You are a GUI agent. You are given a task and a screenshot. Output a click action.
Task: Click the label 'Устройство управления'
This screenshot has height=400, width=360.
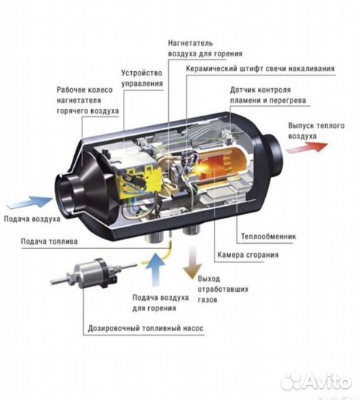coord(142,79)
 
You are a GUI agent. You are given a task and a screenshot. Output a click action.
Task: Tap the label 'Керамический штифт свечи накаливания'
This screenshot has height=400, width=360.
coord(260,69)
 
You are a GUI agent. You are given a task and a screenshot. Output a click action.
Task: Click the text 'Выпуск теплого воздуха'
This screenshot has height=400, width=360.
coord(316,131)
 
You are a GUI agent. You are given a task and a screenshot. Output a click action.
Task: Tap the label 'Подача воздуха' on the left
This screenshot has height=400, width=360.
coord(33,219)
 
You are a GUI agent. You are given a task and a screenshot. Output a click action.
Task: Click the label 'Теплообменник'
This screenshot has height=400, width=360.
coord(267,238)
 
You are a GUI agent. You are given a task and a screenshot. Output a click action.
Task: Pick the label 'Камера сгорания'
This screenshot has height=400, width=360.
coord(248,256)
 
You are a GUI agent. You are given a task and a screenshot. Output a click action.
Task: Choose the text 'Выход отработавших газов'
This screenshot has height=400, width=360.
coord(220,286)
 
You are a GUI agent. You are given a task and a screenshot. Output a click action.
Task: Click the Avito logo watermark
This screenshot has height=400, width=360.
coord(316,380)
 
